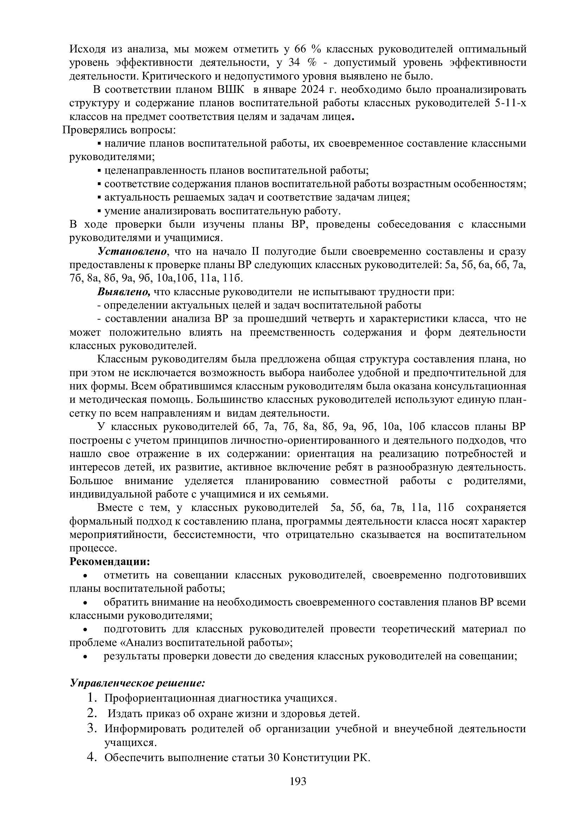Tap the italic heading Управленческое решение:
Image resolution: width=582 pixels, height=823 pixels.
(137, 683)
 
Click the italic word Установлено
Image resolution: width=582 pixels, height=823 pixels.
(133, 252)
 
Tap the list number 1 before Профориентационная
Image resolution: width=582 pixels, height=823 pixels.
(92, 697)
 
